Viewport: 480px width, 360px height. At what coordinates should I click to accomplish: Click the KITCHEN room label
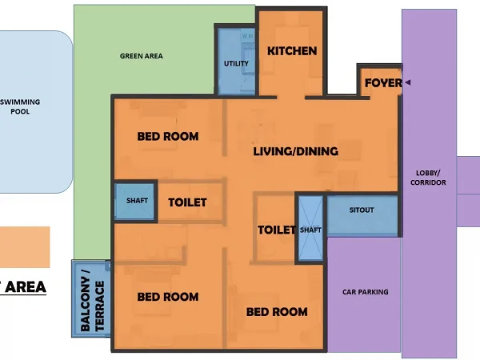(x=292, y=51)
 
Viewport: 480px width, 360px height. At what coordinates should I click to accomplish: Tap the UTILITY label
(x=236, y=64)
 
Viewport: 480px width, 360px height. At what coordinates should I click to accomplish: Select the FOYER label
(x=383, y=82)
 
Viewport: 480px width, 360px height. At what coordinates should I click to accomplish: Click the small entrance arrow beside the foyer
(x=408, y=82)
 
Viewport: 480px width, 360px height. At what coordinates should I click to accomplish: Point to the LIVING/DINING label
(x=296, y=151)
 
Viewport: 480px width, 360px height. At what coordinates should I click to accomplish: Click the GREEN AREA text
(x=142, y=56)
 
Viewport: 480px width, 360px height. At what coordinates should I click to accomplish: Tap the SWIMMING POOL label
(x=20, y=106)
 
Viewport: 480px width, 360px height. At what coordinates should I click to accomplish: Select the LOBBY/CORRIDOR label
(x=428, y=178)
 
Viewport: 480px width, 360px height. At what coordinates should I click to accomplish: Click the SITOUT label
(x=362, y=210)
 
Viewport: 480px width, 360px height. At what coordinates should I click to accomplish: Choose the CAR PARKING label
(x=366, y=292)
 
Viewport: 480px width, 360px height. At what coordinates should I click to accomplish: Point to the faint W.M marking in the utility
(x=248, y=36)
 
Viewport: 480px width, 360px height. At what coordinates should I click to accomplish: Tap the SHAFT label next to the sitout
(x=310, y=230)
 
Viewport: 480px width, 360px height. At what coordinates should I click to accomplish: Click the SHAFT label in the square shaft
(x=137, y=201)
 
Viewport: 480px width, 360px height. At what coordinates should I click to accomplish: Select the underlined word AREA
(x=26, y=287)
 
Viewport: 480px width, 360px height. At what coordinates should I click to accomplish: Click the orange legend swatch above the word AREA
(x=25, y=247)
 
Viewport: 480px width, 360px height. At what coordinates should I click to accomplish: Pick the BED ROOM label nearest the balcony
(x=168, y=297)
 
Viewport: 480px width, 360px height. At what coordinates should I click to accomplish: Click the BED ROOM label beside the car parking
(x=277, y=312)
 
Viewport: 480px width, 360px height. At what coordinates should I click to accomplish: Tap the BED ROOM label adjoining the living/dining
(x=168, y=137)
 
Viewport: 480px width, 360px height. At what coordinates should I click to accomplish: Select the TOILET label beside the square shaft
(x=187, y=202)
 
